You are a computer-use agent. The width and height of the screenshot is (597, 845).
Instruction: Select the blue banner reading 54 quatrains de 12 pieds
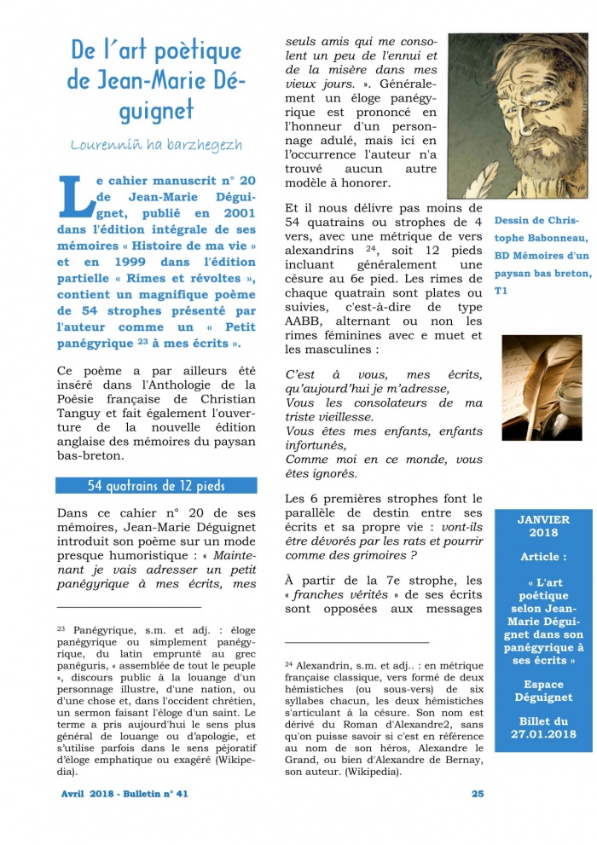pyautogui.click(x=155, y=486)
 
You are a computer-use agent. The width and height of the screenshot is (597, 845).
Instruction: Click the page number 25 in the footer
pyautogui.click(x=478, y=793)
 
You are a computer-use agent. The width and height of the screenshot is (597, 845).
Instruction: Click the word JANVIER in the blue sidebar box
pyautogui.click(x=542, y=519)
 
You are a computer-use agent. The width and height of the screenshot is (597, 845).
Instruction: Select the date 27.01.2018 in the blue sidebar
pyautogui.click(x=543, y=736)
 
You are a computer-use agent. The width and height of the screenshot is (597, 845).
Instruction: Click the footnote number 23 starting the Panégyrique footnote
pyautogui.click(x=62, y=628)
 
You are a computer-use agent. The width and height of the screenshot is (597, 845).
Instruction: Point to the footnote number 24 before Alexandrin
pyautogui.click(x=289, y=663)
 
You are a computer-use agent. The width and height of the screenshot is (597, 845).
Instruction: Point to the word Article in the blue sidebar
pyautogui.click(x=542, y=557)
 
